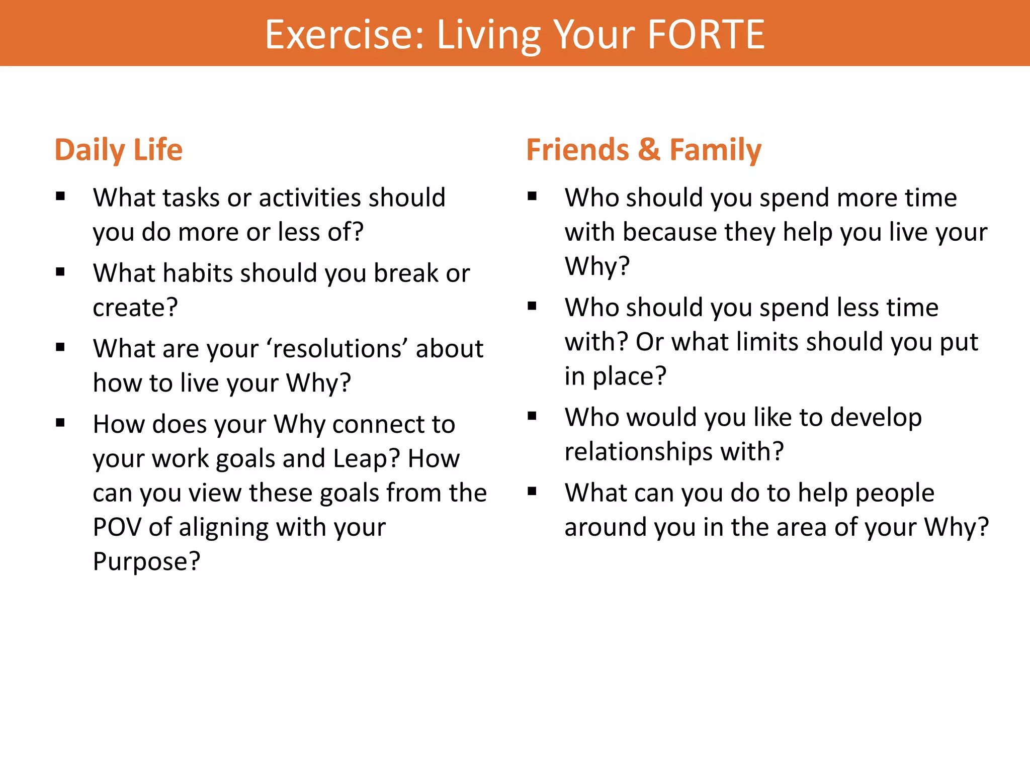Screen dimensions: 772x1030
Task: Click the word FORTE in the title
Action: click(706, 34)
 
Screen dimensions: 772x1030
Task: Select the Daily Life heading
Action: click(119, 150)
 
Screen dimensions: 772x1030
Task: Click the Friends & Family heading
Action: click(644, 150)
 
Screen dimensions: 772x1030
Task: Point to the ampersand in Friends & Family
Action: click(649, 150)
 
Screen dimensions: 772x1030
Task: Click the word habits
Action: click(198, 273)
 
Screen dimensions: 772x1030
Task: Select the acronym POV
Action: click(117, 527)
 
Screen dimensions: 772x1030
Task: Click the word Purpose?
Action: click(146, 561)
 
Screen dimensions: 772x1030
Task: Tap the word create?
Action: click(135, 308)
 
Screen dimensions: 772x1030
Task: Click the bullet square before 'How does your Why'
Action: click(60, 423)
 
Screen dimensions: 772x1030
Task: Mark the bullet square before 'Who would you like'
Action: click(532, 416)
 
